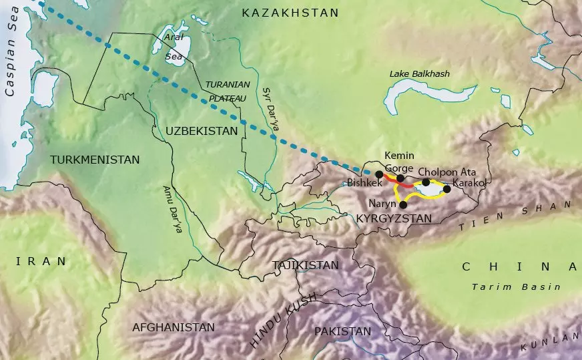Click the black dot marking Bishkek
tap(379, 174)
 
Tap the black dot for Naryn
tap(402, 205)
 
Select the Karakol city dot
tap(447, 189)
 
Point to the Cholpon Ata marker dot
tap(426, 182)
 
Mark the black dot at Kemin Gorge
tap(400, 178)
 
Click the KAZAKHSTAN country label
tap(290, 13)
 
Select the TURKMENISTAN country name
tap(95, 160)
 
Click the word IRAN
tap(42, 261)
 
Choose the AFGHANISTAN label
tap(174, 327)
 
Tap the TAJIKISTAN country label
tap(306, 265)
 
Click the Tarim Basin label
tap(515, 287)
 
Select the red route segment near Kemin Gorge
tap(390, 178)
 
